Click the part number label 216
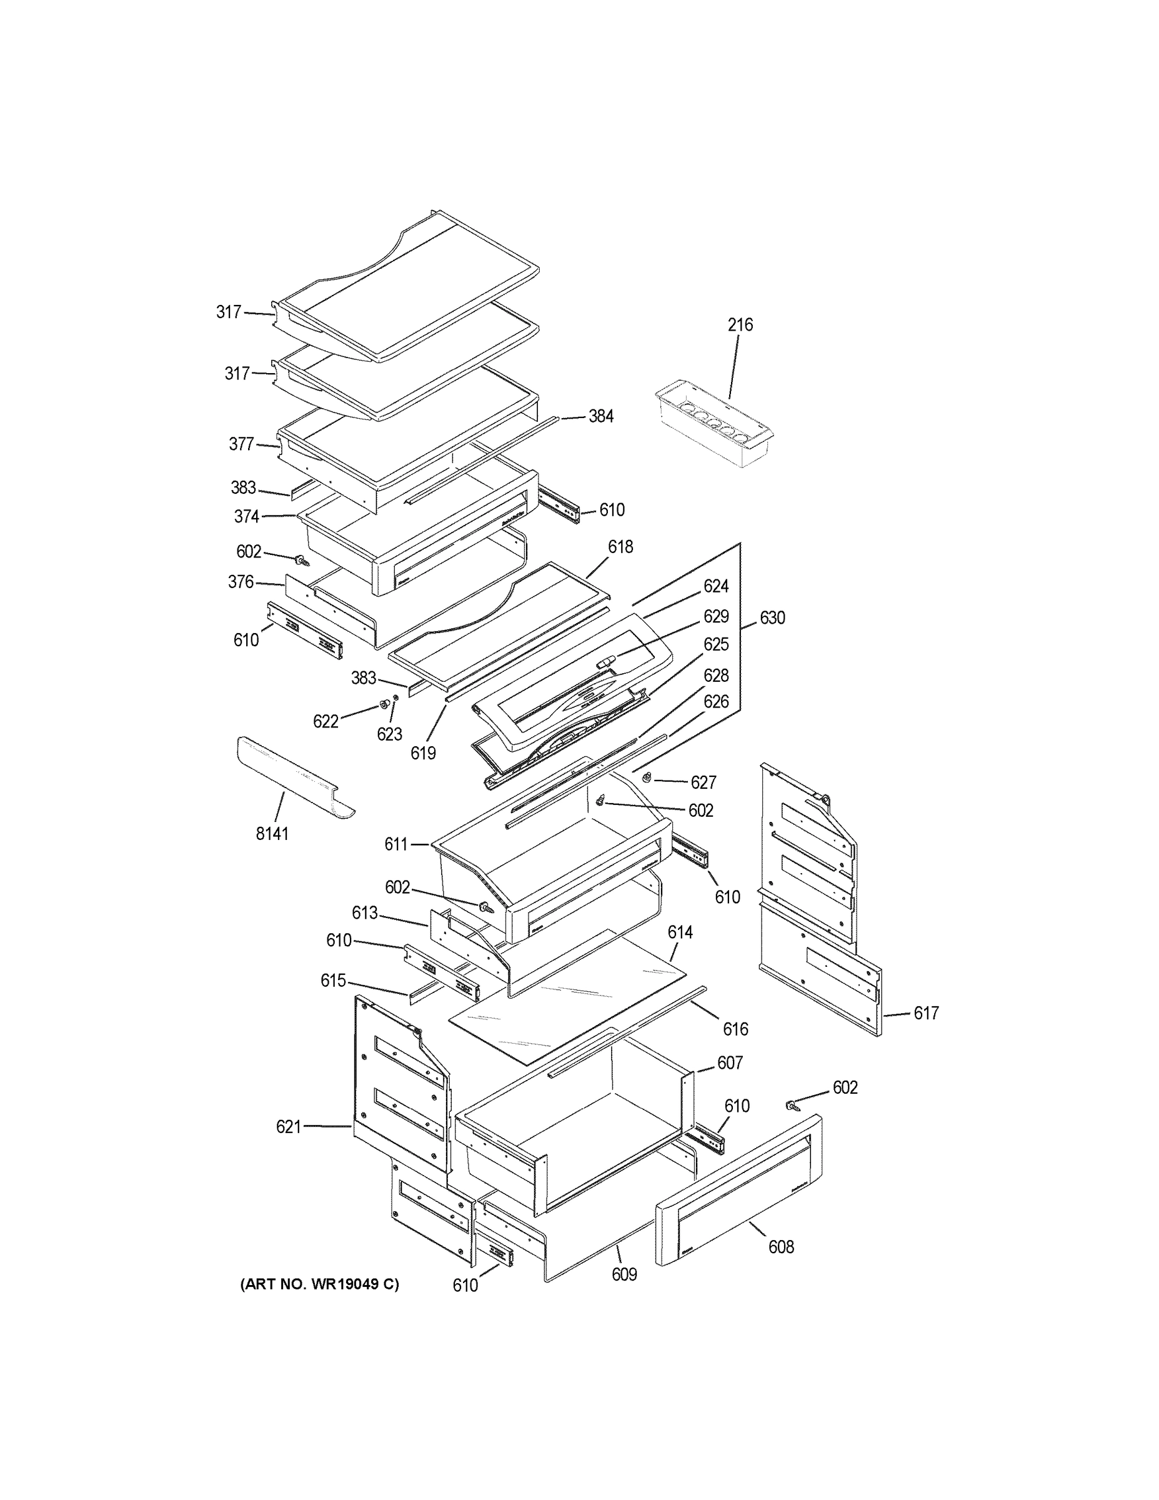click(x=740, y=324)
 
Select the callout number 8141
click(x=272, y=834)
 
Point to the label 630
click(x=772, y=618)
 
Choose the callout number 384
click(x=601, y=416)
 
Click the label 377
click(x=241, y=444)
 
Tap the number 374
click(x=247, y=516)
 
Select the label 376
click(x=241, y=582)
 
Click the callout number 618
click(x=620, y=547)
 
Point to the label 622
click(x=326, y=721)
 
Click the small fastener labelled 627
click(x=647, y=777)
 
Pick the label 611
click(x=396, y=844)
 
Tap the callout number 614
click(x=680, y=932)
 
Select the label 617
click(x=925, y=1013)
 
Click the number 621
click(x=289, y=1127)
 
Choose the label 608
click(x=782, y=1247)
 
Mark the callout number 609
click(x=624, y=1275)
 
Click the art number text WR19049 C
click(x=319, y=1284)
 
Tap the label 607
click(x=730, y=1062)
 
